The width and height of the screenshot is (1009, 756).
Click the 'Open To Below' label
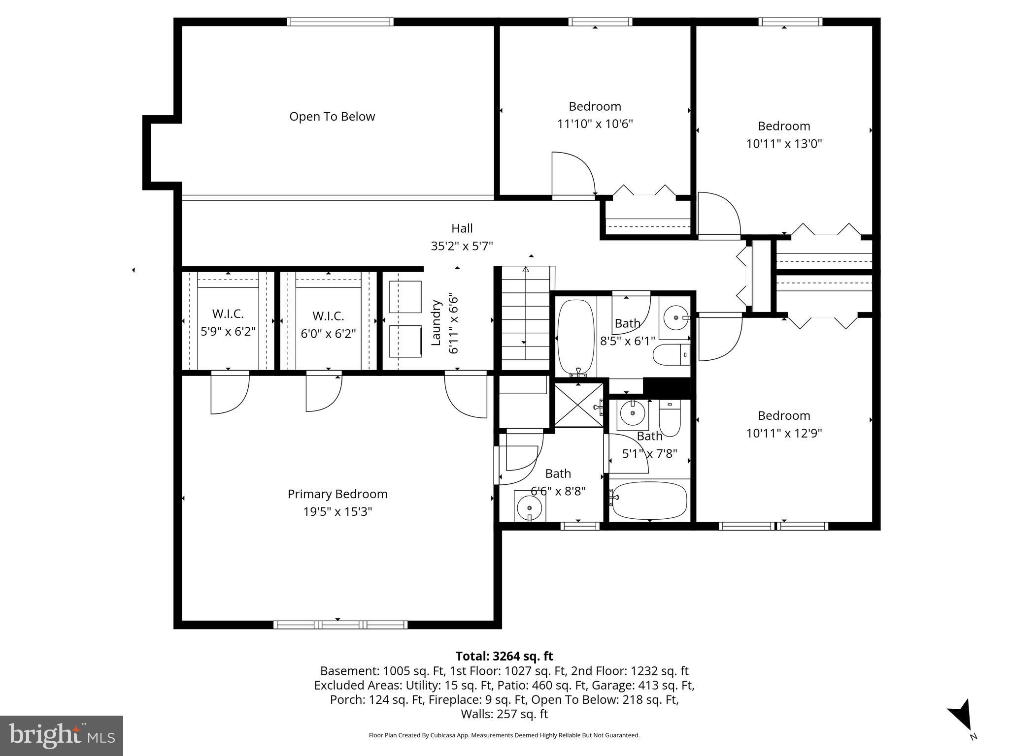(332, 117)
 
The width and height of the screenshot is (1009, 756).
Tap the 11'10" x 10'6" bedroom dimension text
(595, 124)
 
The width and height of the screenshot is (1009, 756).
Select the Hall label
(462, 228)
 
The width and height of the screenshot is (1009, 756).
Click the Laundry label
(436, 322)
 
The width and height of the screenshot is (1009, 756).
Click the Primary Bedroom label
(337, 494)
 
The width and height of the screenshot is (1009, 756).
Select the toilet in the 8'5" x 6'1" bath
(671, 355)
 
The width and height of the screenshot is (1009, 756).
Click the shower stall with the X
(578, 405)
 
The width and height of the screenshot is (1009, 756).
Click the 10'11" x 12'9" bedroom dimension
(784, 433)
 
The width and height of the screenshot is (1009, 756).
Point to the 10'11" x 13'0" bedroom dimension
(784, 144)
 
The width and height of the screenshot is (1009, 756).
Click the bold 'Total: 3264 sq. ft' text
(504, 656)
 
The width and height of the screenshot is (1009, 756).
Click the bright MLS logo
(62, 736)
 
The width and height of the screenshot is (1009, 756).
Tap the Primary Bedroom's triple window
(340, 625)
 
